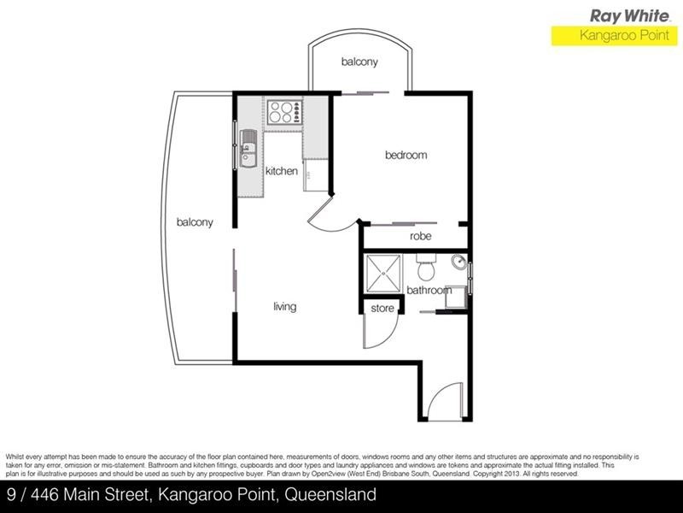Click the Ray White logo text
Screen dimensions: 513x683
coord(629,15)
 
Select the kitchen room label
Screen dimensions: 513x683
coord(281,171)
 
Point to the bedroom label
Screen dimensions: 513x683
coord(406,156)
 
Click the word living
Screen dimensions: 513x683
coord(284,307)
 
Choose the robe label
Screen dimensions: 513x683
coord(419,237)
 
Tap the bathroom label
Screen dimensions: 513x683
coord(429,291)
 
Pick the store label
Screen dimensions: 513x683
coord(382,308)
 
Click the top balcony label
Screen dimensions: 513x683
coord(359,62)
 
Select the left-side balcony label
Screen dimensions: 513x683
coord(195,222)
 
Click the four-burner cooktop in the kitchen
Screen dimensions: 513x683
coord(283,112)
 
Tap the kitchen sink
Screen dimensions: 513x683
coord(247,147)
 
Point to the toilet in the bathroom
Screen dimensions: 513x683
coord(427,268)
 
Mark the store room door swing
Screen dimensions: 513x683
coord(376,333)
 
